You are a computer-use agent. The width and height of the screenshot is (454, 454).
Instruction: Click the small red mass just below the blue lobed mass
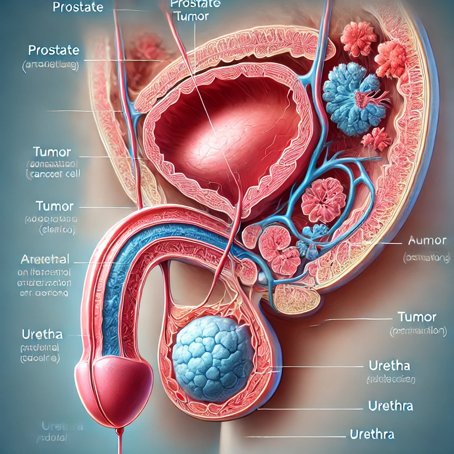click(x=376, y=138)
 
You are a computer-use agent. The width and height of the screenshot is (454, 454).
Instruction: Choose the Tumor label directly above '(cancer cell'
click(x=52, y=152)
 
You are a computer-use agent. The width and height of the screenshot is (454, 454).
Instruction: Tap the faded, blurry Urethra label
click(x=62, y=427)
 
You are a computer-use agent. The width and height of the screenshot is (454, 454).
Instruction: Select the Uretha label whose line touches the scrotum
click(x=389, y=366)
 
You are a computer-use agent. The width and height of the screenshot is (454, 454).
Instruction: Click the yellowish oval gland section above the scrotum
click(x=296, y=300)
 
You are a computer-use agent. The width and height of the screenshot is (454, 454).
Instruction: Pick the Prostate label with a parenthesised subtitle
click(x=53, y=50)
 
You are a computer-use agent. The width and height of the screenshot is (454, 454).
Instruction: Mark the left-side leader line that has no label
click(x=84, y=111)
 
